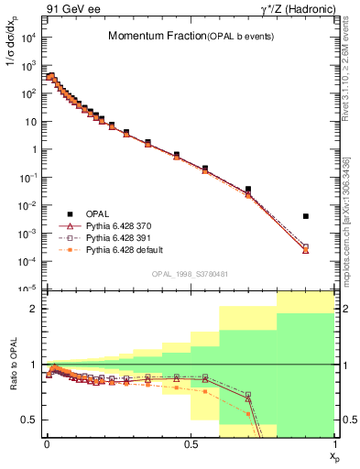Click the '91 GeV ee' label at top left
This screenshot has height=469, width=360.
71,10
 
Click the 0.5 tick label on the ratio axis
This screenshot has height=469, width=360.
27,420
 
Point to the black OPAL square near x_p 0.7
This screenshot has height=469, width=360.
248,190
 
